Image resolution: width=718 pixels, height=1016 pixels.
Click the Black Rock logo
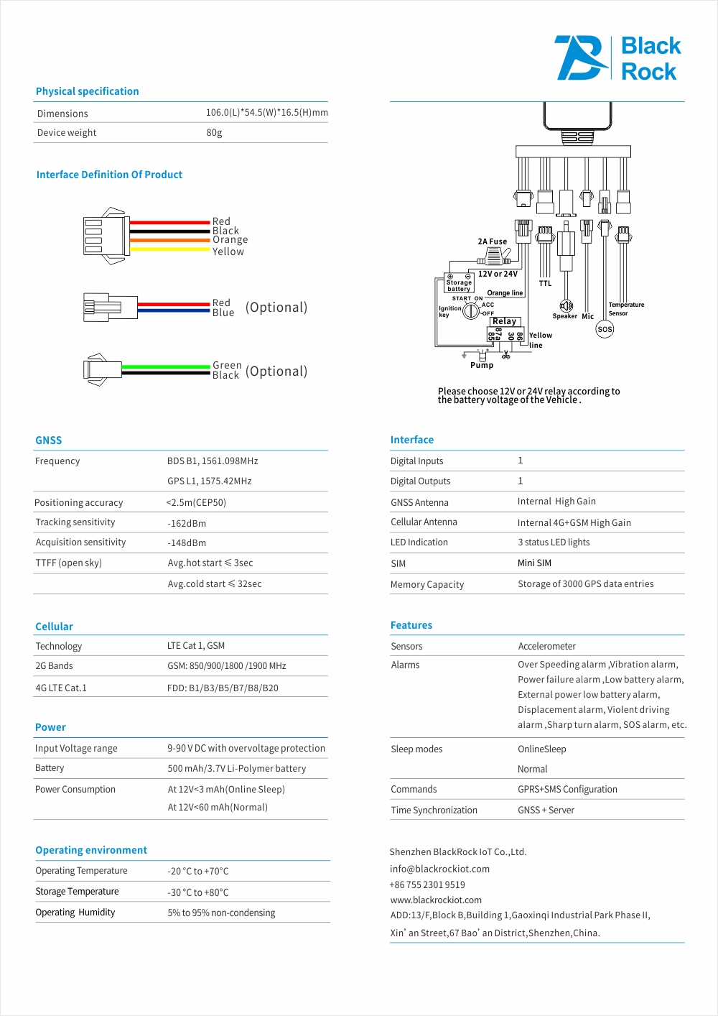617,58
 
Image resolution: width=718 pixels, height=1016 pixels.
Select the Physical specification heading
87,91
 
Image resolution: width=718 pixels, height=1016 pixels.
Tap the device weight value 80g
214,133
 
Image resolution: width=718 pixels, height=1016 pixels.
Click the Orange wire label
230,240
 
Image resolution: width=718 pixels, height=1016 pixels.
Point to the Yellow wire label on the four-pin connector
228,251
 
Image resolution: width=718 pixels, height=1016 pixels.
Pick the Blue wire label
223,313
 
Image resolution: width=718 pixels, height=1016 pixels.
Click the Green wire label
227,365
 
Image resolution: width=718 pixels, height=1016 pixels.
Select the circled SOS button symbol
605,330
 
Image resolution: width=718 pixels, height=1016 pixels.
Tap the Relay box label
504,321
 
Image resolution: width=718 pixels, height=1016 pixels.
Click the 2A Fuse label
492,241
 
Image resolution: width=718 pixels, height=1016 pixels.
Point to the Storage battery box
459,283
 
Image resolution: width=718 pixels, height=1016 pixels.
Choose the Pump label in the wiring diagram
482,365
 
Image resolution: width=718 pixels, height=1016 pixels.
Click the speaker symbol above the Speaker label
566,305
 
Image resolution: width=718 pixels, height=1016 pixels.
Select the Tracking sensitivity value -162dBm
187,524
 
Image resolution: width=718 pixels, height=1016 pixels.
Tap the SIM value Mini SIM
534,563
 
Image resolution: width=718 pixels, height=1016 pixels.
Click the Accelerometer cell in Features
546,647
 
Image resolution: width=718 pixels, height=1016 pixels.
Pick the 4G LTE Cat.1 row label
61,688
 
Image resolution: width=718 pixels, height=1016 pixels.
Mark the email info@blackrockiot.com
439,869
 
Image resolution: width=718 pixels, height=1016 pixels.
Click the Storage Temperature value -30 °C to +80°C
198,892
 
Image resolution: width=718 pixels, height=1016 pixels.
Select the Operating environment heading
91,850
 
